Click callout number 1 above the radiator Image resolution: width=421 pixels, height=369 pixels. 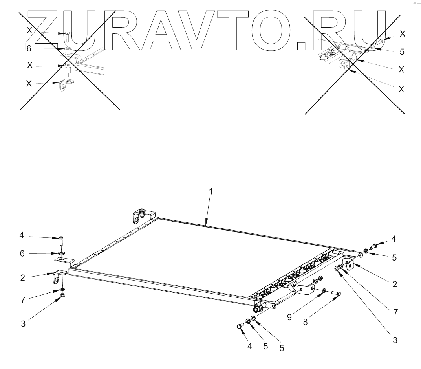(x=210, y=191)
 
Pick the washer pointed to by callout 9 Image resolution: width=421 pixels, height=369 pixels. (x=323, y=290)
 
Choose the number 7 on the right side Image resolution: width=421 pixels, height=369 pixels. (x=395, y=312)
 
